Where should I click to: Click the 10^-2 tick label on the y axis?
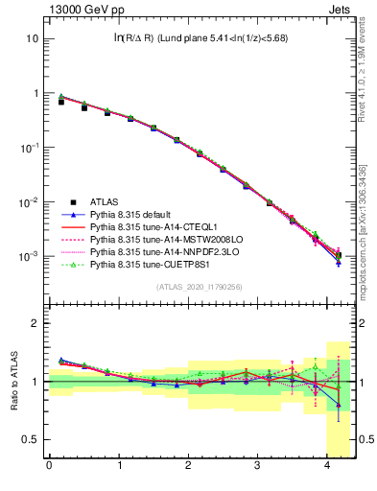pyautogui.click(x=29, y=202)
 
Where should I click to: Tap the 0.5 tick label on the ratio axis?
pyautogui.click(x=31, y=440)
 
